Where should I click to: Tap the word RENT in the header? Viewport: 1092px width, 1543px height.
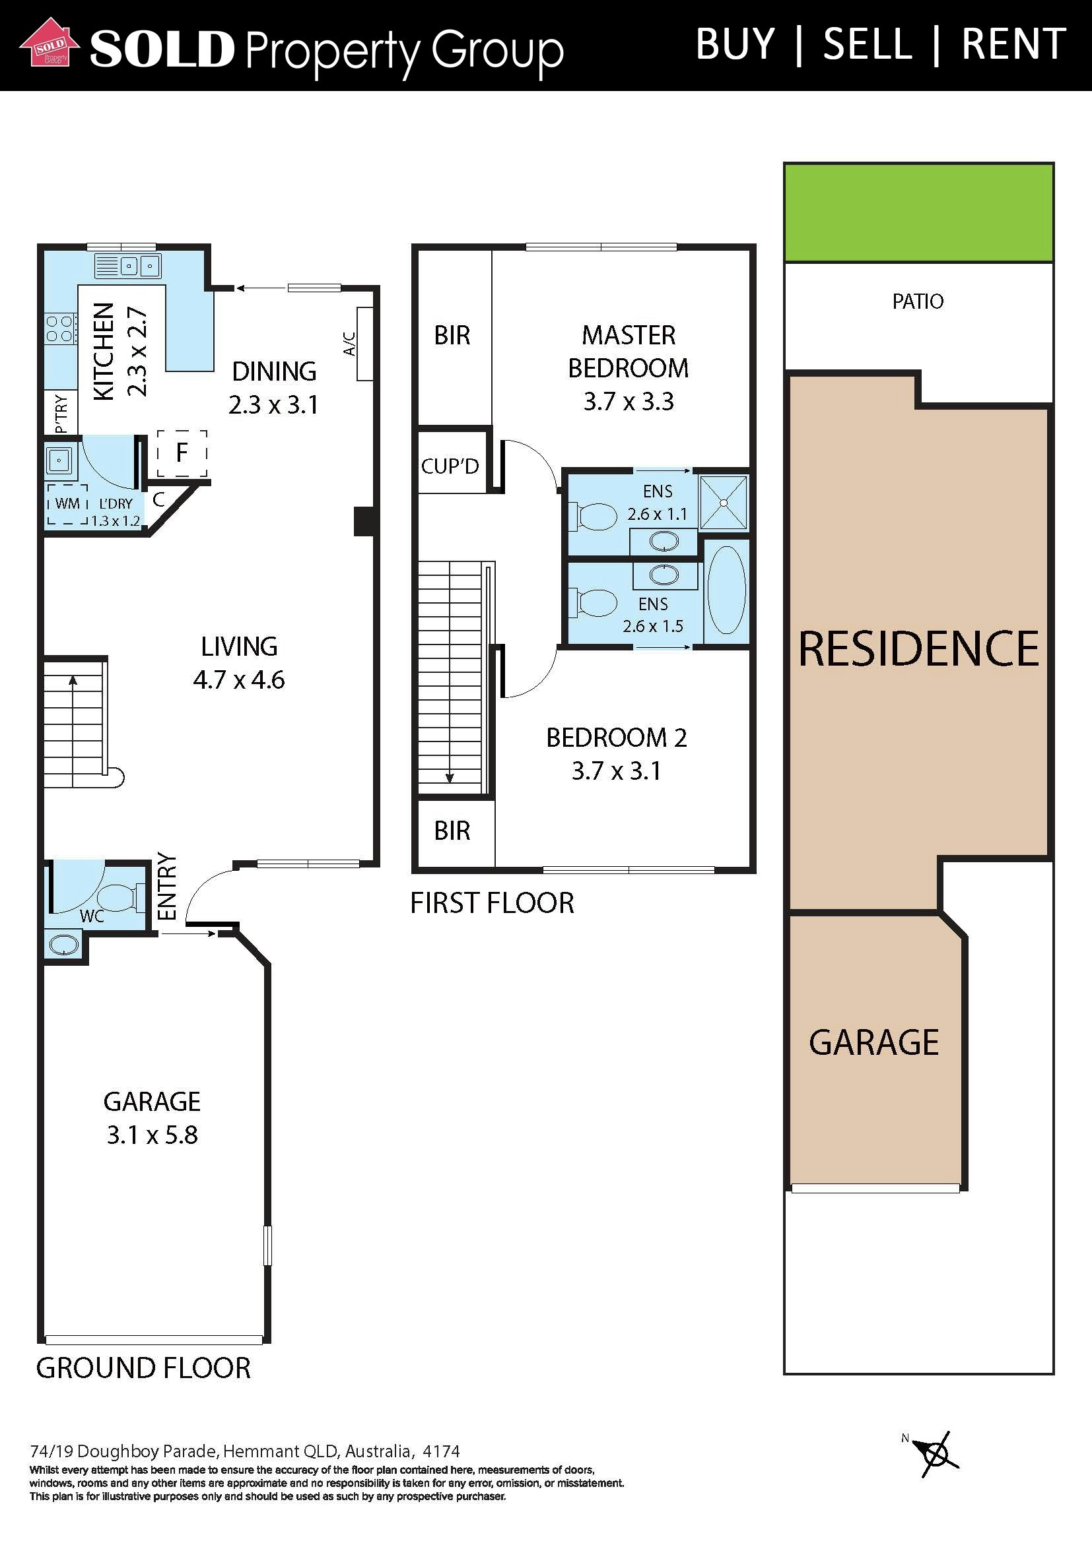coord(1013,44)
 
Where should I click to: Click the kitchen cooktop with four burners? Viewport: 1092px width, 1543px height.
coord(58,329)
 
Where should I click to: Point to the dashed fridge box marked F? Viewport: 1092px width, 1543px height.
coord(182,453)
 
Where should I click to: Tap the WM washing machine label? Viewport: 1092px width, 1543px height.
coord(67,503)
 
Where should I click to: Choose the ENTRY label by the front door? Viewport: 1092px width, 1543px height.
coord(166,887)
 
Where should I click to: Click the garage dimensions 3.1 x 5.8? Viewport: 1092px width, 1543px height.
coord(152,1135)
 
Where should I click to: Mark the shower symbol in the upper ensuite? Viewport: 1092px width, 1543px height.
coord(723,503)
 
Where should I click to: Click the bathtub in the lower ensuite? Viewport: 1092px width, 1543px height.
coord(726,590)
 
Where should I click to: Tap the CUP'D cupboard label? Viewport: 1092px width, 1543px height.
coord(450,466)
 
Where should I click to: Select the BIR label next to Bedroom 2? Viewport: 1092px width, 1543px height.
coord(452,831)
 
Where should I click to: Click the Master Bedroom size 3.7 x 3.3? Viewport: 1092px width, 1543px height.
coord(628,401)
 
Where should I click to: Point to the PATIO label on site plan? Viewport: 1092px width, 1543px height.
coord(917,301)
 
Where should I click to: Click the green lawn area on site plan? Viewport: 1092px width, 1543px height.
coord(918,212)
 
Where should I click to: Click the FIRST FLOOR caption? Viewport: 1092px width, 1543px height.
coord(493,903)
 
